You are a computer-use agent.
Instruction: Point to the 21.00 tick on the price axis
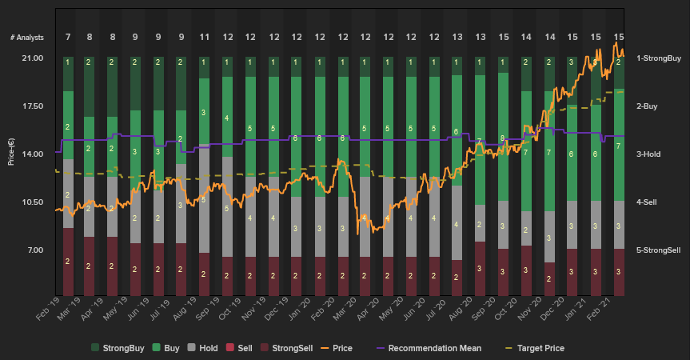coord(33,58)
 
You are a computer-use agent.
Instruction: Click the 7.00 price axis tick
coord(35,250)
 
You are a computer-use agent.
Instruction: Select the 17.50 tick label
coord(33,106)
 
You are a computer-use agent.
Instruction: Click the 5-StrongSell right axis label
coord(658,250)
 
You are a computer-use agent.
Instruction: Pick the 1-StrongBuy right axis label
coord(658,58)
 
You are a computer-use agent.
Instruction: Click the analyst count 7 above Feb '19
coord(68,38)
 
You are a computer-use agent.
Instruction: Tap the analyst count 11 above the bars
coord(205,38)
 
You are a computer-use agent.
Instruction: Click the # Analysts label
coord(27,38)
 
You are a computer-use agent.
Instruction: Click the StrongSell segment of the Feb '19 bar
coord(68,261)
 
